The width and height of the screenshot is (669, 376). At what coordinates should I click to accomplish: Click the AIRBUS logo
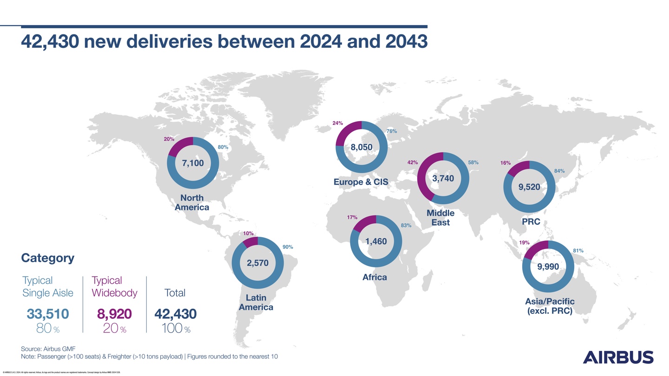point(618,357)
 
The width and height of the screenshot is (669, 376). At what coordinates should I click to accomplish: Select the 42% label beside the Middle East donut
point(413,162)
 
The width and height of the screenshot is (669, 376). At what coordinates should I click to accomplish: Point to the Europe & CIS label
point(361,182)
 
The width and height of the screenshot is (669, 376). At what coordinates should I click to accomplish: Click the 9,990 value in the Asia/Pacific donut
point(548,267)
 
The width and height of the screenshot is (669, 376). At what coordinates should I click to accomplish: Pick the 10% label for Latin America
point(248,233)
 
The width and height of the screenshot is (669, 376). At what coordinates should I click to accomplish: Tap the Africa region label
point(374,277)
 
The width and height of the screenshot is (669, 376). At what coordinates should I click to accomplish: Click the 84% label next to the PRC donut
point(559,171)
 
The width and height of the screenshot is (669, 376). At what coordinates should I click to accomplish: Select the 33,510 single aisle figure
point(48,314)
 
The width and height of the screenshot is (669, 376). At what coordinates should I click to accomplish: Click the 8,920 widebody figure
point(114,314)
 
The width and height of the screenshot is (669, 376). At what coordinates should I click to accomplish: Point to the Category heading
point(47,258)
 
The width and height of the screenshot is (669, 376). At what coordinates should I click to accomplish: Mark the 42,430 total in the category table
point(175,314)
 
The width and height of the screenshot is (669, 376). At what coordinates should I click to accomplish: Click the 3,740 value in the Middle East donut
point(443,179)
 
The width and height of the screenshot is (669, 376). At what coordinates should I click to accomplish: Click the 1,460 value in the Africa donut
point(376,241)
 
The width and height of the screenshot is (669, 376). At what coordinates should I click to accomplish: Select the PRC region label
point(531,222)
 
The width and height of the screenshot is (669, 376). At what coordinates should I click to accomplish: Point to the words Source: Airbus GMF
point(48,349)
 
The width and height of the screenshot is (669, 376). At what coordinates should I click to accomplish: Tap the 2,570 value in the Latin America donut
point(257,263)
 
